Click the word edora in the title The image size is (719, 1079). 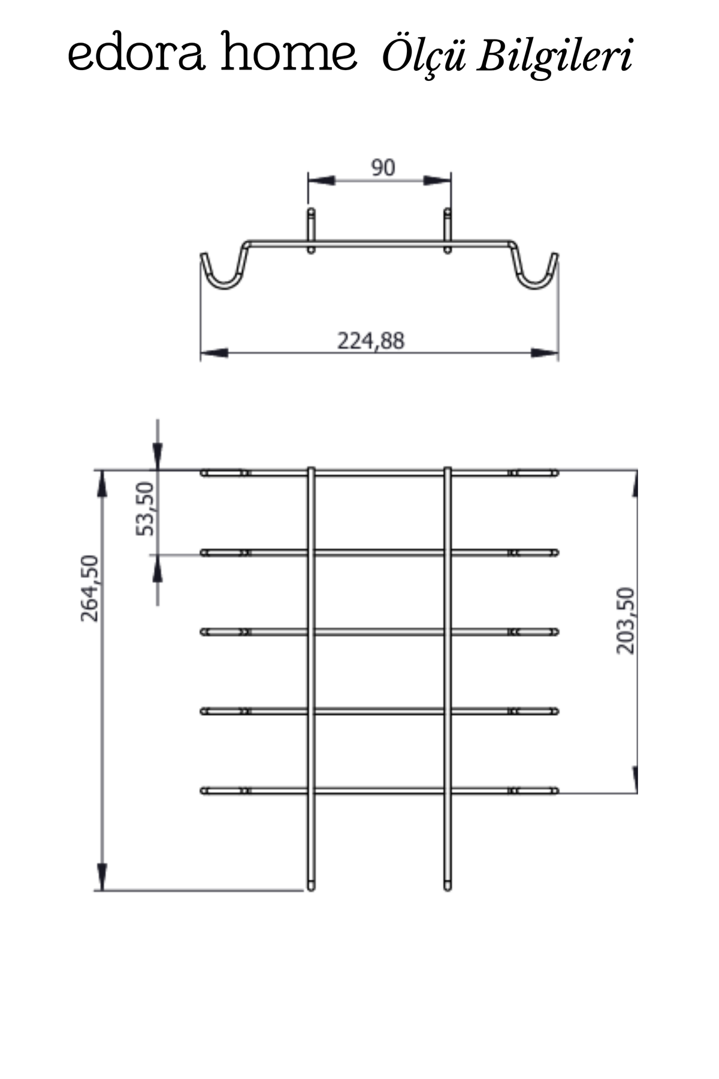[x=135, y=54]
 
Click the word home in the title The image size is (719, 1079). [x=289, y=53]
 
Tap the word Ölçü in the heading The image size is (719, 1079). [x=424, y=57]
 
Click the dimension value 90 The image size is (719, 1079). [x=383, y=168]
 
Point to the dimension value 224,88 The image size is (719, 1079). [x=371, y=340]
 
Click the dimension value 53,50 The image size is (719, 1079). [x=146, y=508]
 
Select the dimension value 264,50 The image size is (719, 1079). [x=90, y=588]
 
